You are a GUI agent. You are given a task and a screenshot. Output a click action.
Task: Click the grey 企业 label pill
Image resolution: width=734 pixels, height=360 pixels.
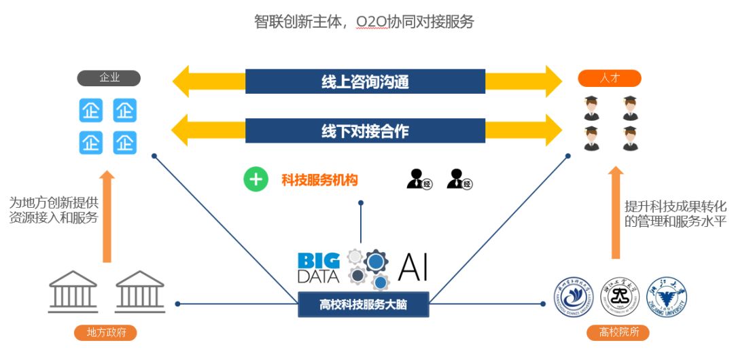[109, 77]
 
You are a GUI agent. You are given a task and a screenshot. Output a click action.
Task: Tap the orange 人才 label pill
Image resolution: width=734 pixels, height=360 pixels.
[609, 78]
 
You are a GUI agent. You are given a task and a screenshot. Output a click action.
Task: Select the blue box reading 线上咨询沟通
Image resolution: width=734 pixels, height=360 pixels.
[365, 82]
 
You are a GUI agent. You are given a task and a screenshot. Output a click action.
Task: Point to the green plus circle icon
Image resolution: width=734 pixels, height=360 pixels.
[256, 180]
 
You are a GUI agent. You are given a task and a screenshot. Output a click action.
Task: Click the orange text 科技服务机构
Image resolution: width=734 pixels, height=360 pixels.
[319, 180]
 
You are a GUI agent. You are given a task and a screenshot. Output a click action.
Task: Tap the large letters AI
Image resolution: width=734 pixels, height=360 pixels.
[414, 266]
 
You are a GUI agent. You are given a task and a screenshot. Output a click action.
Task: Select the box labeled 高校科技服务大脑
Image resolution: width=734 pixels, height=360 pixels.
[363, 304]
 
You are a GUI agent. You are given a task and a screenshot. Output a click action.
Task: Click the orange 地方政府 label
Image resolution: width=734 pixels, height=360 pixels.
[105, 333]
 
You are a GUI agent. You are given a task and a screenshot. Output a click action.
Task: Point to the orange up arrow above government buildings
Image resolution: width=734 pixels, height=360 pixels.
[107, 217]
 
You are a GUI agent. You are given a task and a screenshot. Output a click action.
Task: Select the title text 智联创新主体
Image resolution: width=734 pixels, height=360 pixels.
[297, 22]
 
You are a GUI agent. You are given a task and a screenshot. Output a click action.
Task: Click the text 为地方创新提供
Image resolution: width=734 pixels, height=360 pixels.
[54, 202]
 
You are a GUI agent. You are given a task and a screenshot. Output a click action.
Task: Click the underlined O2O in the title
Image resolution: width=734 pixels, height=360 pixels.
[371, 22]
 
